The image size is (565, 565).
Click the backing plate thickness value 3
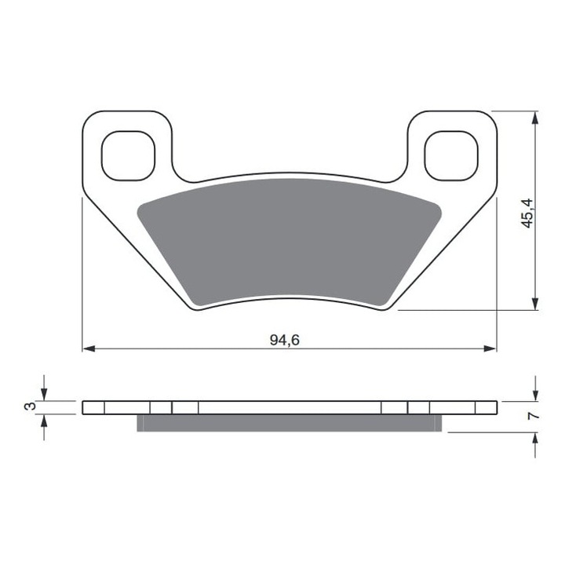click(x=29, y=406)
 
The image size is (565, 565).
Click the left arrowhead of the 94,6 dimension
click(x=89, y=348)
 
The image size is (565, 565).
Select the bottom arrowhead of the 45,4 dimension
click(x=535, y=304)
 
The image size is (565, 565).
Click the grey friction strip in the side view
click(x=289, y=423)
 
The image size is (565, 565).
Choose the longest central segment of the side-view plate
click(x=289, y=407)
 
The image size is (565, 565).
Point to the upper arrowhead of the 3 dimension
click(x=44, y=395)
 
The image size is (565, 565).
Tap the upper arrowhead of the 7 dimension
click(x=535, y=394)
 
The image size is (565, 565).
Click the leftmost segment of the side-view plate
click(x=93, y=407)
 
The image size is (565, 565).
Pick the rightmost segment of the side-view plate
click(x=486, y=407)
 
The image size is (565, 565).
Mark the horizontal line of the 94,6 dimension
click(x=196, y=348)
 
